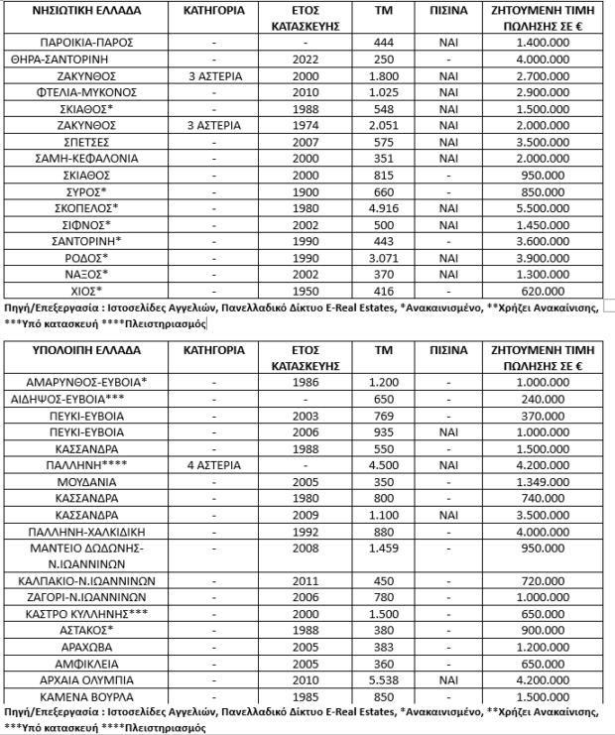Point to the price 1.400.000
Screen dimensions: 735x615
click(542, 44)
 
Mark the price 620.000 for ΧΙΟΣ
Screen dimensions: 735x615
click(542, 291)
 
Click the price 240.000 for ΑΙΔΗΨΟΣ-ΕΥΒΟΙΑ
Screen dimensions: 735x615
click(542, 398)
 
